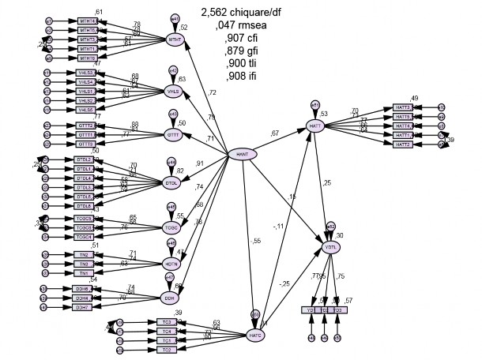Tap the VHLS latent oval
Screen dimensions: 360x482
point(174,91)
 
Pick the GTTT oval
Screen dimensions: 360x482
point(174,135)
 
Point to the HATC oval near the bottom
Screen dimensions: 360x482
point(255,335)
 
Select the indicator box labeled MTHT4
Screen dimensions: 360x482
point(87,21)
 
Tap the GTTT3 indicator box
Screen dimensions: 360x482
point(85,144)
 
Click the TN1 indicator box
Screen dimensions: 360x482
point(84,272)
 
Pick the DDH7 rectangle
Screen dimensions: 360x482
point(84,307)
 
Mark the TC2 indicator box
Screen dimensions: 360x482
point(165,348)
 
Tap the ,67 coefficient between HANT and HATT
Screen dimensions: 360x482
point(276,133)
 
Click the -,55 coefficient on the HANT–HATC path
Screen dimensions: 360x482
point(256,241)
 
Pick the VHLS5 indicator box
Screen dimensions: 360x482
point(85,110)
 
